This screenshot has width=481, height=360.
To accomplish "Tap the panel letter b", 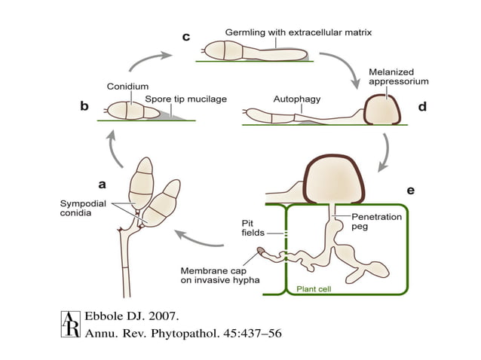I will [x=85, y=108].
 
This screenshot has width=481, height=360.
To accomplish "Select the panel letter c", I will [x=186, y=36].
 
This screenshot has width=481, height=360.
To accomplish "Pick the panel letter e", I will [x=410, y=191].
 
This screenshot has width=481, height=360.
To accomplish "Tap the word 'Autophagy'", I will [x=296, y=98].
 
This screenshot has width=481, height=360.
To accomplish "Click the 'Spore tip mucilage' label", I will [x=185, y=99].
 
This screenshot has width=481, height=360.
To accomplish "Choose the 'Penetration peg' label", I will [x=377, y=221].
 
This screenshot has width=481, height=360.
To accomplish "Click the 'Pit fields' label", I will [x=252, y=228].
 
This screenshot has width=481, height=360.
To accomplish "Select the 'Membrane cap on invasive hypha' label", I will [x=219, y=275].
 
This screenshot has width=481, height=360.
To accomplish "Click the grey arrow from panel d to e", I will [x=385, y=151].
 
